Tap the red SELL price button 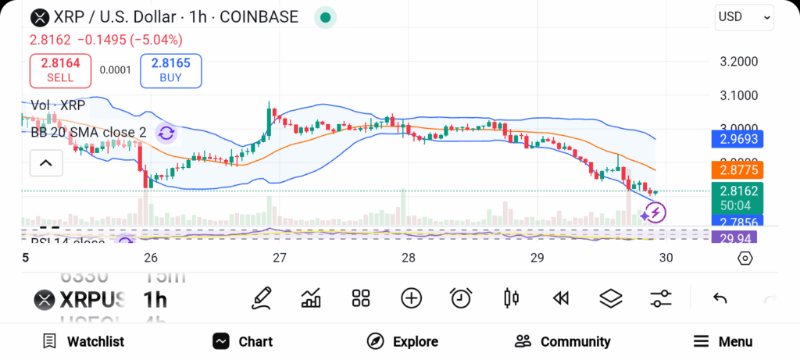[x=60, y=70]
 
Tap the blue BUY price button [x=170, y=70]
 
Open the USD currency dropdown [x=743, y=17]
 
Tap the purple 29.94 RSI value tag [x=737, y=237]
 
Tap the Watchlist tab [x=84, y=341]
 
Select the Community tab [x=562, y=341]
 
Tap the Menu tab [x=723, y=341]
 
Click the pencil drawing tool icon [x=262, y=298]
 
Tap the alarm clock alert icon [x=461, y=298]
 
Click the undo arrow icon [x=720, y=298]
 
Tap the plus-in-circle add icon [x=411, y=298]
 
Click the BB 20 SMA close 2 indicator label [x=88, y=133]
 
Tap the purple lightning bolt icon [x=655, y=212]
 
